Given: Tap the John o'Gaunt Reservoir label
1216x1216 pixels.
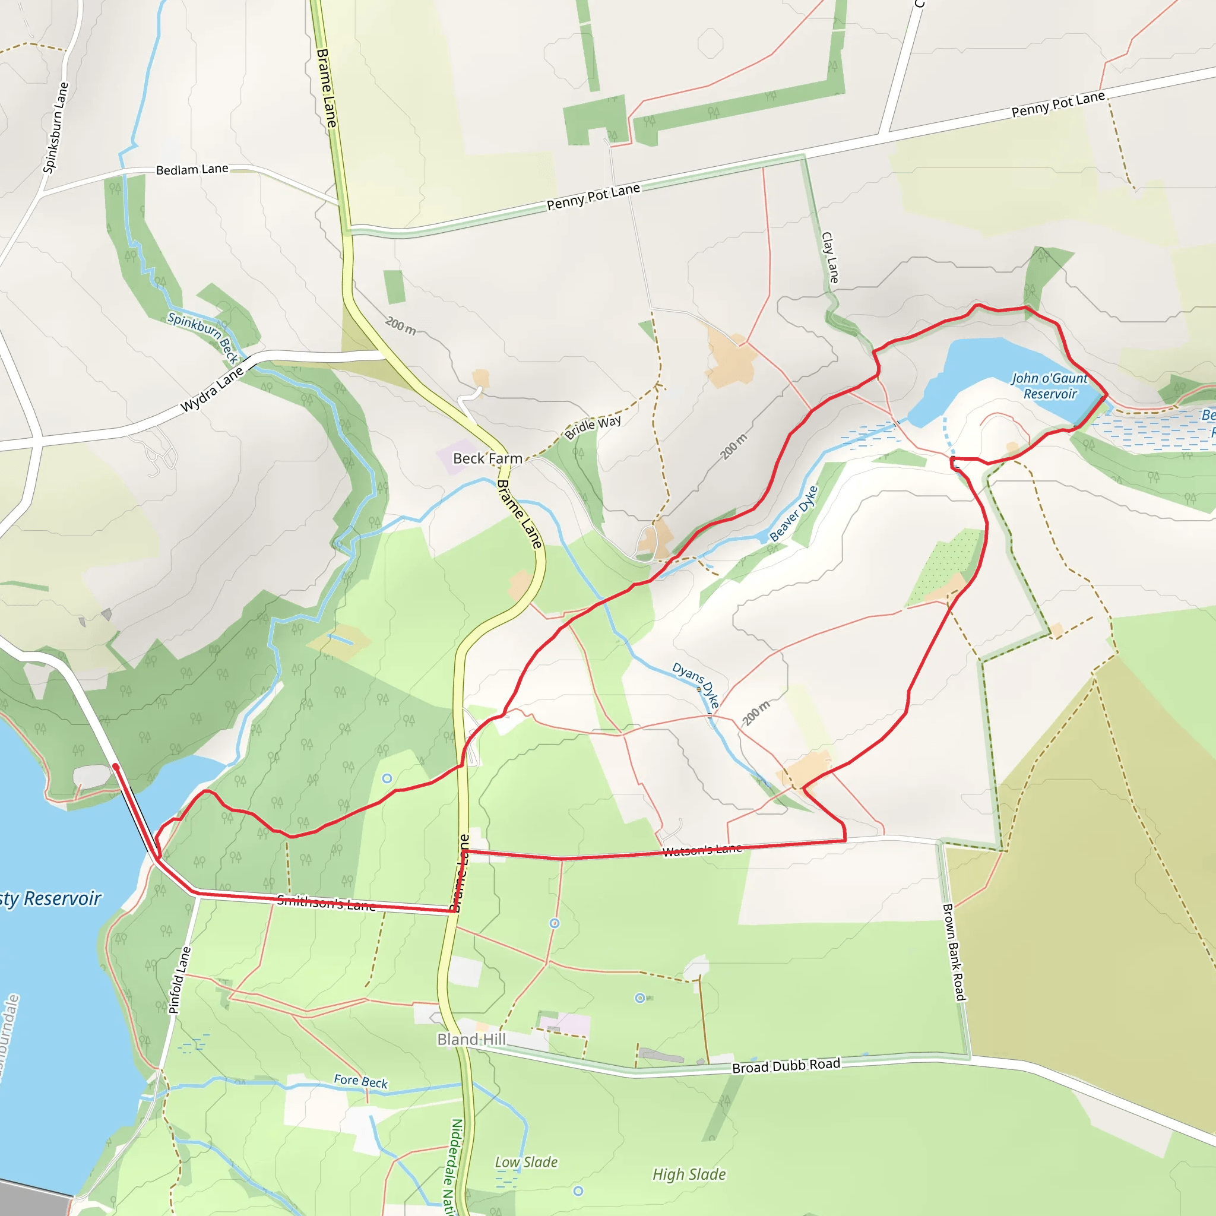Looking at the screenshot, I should [x=1049, y=386].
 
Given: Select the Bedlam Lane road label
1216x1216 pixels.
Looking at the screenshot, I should [x=192, y=169].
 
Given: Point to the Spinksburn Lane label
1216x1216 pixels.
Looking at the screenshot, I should [x=55, y=128].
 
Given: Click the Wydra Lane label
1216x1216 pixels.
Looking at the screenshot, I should [x=212, y=389].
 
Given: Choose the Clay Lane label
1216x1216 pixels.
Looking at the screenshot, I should [x=829, y=258].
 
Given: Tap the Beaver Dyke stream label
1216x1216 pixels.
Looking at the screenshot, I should [x=794, y=514].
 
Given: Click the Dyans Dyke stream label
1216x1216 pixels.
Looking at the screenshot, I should [x=695, y=685].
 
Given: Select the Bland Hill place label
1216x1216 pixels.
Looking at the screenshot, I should [x=471, y=1039].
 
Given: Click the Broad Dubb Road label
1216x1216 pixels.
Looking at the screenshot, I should [x=786, y=1066].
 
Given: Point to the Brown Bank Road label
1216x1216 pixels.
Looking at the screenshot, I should [x=954, y=952].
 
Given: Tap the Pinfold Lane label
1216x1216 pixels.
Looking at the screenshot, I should [x=179, y=980].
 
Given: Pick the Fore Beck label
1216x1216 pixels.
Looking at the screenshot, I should [x=360, y=1081].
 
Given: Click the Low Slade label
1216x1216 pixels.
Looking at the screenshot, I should [x=526, y=1162].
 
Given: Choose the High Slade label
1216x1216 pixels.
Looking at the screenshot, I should [x=689, y=1174].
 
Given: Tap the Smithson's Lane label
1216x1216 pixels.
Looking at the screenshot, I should [x=327, y=903].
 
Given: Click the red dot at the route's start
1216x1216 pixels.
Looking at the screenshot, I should [x=116, y=767].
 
